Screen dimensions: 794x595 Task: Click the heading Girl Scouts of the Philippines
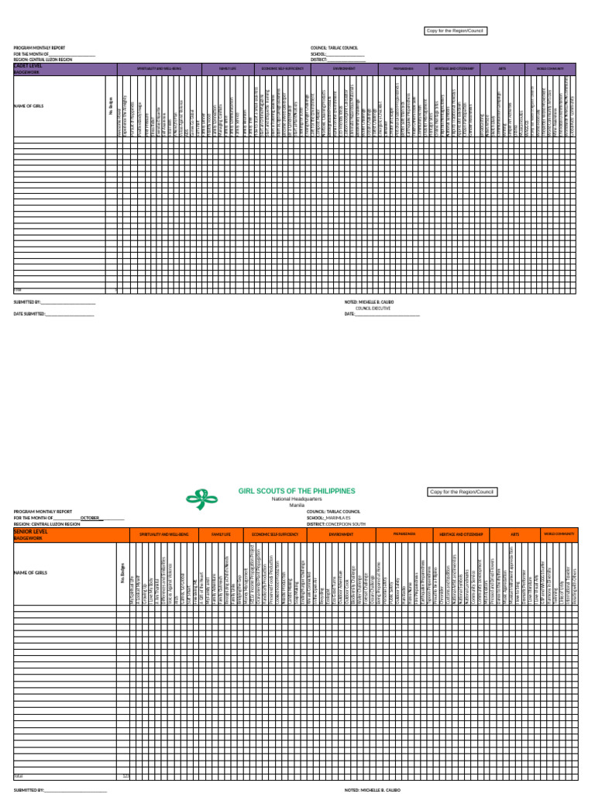click(297, 491)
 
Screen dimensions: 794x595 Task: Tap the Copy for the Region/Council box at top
click(456, 31)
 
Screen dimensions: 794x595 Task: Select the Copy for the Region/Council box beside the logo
click(462, 492)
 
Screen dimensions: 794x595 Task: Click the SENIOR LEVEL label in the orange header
click(31, 532)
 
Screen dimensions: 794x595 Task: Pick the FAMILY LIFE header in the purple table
click(228, 69)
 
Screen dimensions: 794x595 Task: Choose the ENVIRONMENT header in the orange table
click(341, 534)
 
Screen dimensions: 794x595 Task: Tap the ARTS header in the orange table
click(514, 534)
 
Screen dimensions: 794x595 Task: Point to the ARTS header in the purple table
click(502, 69)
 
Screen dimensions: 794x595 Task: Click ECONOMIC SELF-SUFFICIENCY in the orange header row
click(272, 534)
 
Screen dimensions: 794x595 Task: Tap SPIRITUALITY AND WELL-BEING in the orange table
click(164, 534)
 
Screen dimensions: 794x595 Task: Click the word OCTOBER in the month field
click(91, 518)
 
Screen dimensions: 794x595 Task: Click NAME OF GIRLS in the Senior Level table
click(31, 572)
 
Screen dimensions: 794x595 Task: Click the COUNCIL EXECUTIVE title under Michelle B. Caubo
click(373, 308)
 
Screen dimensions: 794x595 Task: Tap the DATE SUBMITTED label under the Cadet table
click(29, 314)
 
